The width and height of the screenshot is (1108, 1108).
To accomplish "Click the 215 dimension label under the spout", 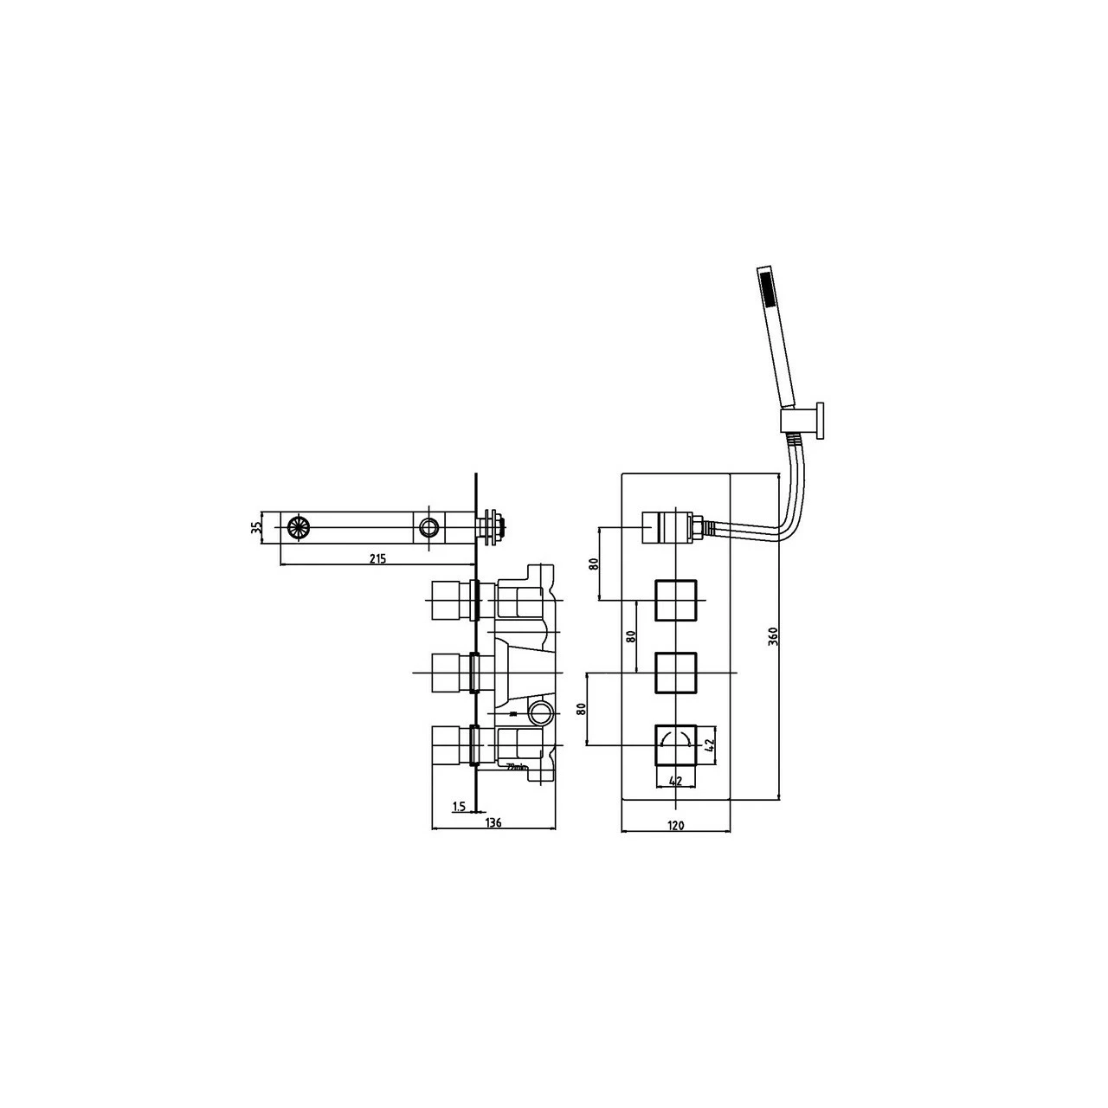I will [377, 558].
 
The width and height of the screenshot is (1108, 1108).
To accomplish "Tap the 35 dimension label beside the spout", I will [256, 527].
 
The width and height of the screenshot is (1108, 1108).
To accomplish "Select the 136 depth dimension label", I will [493, 822].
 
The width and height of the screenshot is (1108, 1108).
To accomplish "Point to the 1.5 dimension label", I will [459, 807].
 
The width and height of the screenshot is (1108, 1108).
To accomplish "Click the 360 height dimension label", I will [773, 636].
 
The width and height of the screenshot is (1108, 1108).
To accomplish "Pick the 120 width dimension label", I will [676, 826].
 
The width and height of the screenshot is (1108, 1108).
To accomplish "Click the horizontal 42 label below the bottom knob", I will [676, 781].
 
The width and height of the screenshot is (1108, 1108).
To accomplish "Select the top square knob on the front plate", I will [676, 600].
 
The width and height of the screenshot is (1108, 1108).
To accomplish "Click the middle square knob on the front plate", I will [676, 673].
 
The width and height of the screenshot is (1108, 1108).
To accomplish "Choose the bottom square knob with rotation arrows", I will [676, 744].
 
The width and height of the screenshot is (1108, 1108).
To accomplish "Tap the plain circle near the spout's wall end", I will [428, 527].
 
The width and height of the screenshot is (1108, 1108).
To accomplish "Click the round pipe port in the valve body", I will [540, 714].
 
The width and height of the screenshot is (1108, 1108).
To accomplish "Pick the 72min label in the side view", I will [515, 766].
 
